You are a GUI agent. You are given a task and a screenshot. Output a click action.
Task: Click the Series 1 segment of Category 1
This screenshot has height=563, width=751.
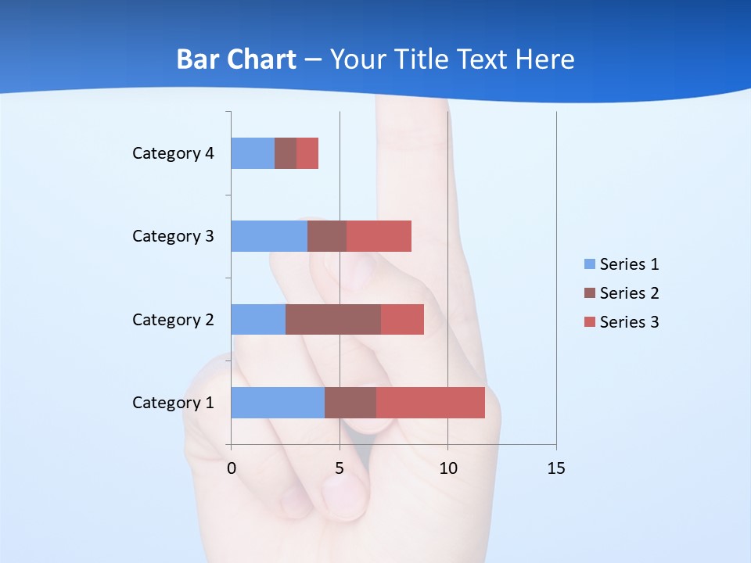pos(278,403)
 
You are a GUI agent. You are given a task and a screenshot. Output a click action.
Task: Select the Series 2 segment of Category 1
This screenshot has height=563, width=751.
pos(350,403)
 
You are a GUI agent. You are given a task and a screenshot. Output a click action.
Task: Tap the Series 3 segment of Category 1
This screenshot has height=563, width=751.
pos(430,403)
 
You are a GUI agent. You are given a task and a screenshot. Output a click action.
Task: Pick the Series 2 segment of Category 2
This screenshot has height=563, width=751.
pos(333,319)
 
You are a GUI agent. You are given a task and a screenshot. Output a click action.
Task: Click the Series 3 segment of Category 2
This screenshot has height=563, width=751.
pos(402,319)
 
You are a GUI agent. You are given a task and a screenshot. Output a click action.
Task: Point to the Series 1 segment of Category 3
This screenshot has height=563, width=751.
pos(269,236)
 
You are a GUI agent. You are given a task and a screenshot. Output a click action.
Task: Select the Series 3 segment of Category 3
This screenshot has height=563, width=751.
pos(379,236)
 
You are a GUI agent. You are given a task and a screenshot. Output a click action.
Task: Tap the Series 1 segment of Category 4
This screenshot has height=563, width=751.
pos(253,153)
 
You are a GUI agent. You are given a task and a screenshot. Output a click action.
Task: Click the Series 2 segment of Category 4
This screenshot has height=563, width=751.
pos(286,153)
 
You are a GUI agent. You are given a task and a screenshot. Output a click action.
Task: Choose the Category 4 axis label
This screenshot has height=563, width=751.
pos(173,153)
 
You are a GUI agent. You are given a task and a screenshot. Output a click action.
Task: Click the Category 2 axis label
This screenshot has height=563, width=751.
pos(173,319)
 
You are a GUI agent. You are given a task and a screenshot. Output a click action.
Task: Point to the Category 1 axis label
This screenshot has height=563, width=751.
pos(173,403)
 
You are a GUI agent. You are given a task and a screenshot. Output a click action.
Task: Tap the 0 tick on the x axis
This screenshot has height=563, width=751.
pos(232,468)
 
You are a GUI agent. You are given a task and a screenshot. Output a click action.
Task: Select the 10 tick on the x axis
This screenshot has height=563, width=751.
pos(447,468)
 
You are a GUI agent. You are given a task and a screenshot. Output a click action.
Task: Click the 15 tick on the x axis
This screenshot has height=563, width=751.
pos(556,468)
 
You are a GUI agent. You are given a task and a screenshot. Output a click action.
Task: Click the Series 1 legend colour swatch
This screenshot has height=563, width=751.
pos(589,264)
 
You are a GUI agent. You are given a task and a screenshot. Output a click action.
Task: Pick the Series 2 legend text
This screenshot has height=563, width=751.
pos(629,293)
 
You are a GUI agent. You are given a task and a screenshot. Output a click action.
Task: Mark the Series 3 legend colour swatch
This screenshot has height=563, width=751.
pos(589,322)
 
